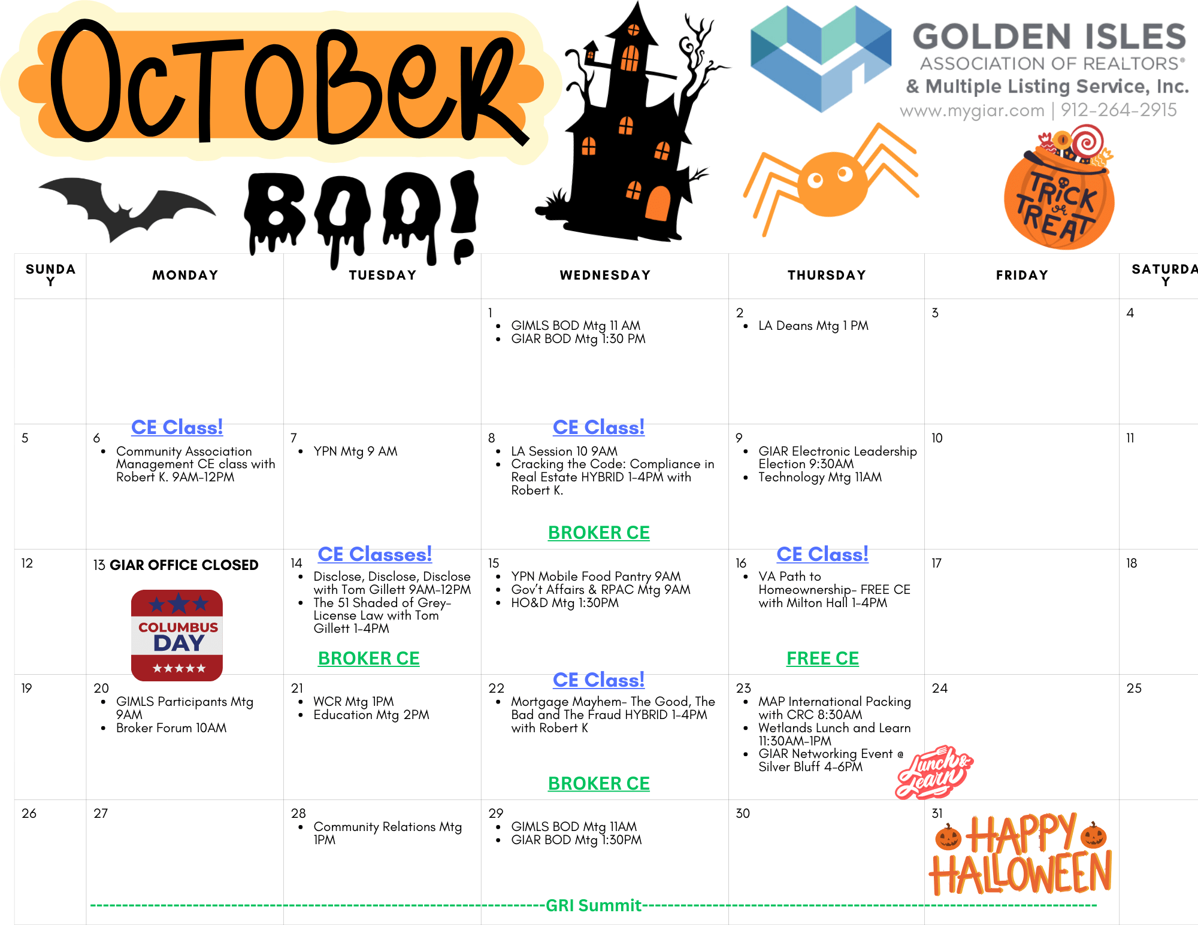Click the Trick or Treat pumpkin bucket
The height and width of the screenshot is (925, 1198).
[1059, 189]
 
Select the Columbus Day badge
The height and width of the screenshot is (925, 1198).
[177, 635]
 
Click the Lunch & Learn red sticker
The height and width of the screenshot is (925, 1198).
[933, 772]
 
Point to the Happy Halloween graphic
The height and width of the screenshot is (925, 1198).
[1021, 854]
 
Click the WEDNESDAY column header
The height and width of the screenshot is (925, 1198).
[605, 275]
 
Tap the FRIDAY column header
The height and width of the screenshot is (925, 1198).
[1022, 275]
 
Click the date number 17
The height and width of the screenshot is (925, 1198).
[936, 563]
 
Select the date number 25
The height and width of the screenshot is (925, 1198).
[1134, 689]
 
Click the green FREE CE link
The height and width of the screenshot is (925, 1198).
[822, 659]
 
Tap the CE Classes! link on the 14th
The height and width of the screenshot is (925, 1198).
[374, 554]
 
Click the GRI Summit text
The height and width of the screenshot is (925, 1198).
[594, 905]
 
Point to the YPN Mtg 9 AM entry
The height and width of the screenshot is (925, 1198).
[355, 451]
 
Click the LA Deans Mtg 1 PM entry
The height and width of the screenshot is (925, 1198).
[813, 326]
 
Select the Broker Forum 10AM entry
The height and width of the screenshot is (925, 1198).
[171, 728]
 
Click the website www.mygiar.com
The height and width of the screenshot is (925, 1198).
[972, 111]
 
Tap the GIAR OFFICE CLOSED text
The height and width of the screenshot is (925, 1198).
[184, 565]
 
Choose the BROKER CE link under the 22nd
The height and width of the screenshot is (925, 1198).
[598, 784]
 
